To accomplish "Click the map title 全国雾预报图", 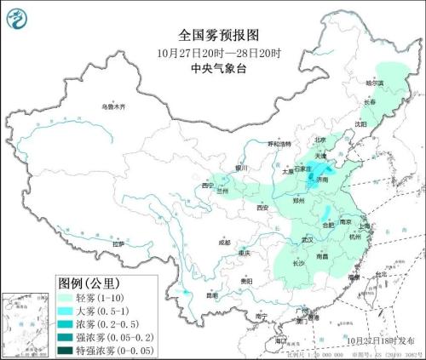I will (212, 35).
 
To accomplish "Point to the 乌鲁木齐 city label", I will (112, 107).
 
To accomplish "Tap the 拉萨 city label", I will (118, 243).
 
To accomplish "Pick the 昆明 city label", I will (211, 295).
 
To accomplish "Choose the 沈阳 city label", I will (361, 124).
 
